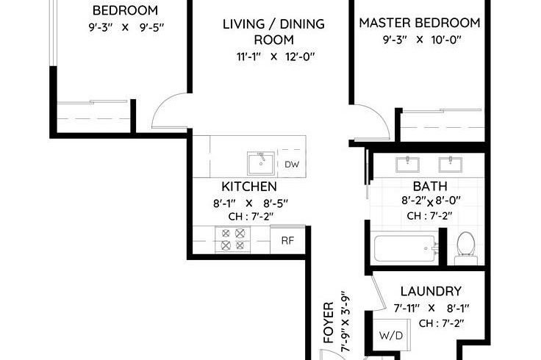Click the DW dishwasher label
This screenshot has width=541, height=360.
point(292,165)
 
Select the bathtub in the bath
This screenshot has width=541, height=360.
point(404,248)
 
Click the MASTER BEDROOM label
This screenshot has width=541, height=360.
point(420,23)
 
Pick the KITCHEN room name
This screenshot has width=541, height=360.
point(249,187)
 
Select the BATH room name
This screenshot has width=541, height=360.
point(426,187)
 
